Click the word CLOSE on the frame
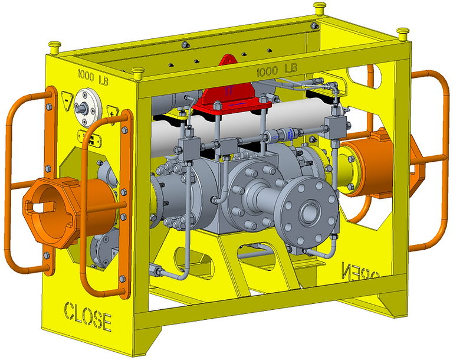click(87, 316)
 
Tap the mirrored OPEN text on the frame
click(361, 273)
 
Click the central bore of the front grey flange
click(309, 211)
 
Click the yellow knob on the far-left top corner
click(55, 45)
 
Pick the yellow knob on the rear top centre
click(320, 8)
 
